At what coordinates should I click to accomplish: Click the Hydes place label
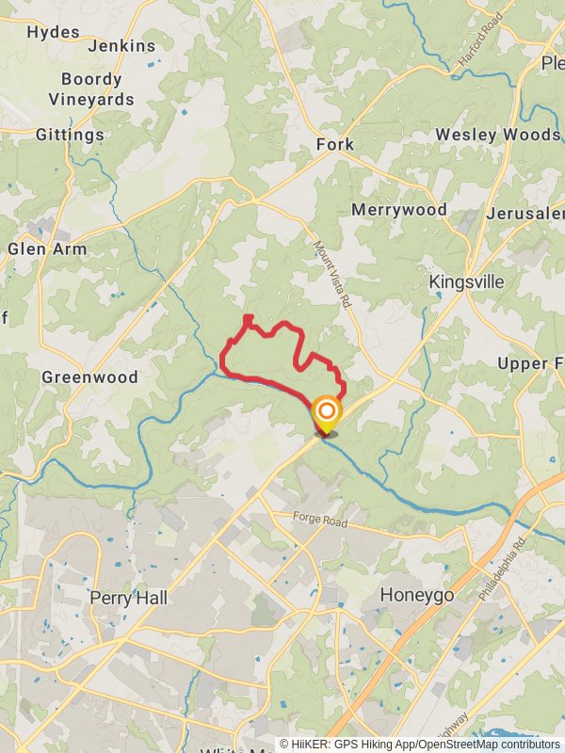pyautogui.click(x=54, y=32)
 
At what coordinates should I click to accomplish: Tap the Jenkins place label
pyautogui.click(x=121, y=45)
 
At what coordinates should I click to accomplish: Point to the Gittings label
pyautogui.click(x=70, y=135)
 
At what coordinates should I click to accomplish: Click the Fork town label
pyautogui.click(x=335, y=144)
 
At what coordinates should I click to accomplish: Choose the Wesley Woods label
pyautogui.click(x=498, y=135)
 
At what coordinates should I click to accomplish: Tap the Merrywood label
pyautogui.click(x=399, y=210)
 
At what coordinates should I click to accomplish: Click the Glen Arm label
pyautogui.click(x=47, y=249)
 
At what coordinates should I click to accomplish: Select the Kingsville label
pyautogui.click(x=466, y=282)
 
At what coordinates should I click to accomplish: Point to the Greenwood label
pyautogui.click(x=89, y=377)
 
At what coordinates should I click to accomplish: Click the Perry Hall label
pyautogui.click(x=128, y=598)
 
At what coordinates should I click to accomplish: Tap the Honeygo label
pyautogui.click(x=417, y=596)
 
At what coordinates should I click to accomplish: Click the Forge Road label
pyautogui.click(x=320, y=520)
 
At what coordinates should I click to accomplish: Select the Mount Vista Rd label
pyautogui.click(x=331, y=274)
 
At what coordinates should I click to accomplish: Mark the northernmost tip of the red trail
pyautogui.click(x=248, y=318)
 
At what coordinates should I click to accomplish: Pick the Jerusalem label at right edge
pyautogui.click(x=525, y=214)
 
